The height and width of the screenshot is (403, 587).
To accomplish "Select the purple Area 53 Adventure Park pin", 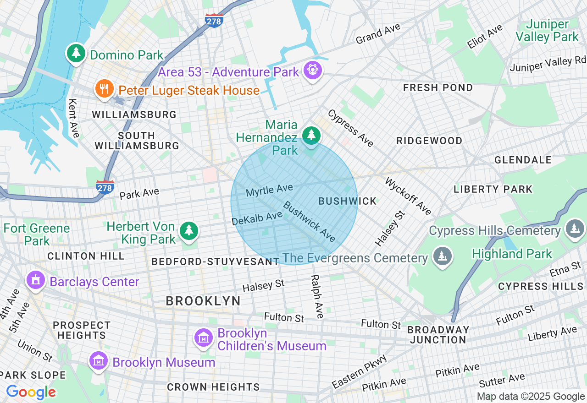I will point(313,70).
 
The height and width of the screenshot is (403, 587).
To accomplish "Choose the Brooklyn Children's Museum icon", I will point(204,338).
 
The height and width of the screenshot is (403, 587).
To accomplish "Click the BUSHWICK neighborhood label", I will point(347,201).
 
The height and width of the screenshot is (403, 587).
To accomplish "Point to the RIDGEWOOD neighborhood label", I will point(429,141).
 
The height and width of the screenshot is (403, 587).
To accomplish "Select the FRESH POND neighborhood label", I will point(437,87).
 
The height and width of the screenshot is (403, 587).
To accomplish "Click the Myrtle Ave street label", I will point(269,190).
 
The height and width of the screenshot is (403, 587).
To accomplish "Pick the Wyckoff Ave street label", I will point(408,196).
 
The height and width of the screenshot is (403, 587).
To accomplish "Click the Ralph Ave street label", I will point(316,296).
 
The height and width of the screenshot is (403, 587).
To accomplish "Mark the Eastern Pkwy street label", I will point(360,371).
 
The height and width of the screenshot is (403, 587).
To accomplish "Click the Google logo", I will point(31,392).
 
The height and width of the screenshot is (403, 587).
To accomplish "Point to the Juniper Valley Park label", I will point(548,31).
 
